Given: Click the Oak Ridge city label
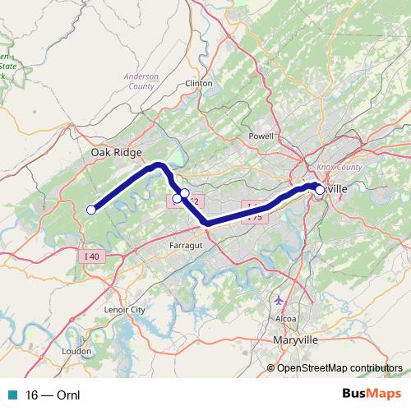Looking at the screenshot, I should (x=117, y=153).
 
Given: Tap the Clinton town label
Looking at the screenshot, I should (x=200, y=84).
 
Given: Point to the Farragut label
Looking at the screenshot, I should (x=185, y=245).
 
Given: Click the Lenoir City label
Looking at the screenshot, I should (x=126, y=310).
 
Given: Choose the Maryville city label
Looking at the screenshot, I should (x=295, y=339).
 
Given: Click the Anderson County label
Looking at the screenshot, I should (x=140, y=81).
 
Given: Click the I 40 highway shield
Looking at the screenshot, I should (x=92, y=257).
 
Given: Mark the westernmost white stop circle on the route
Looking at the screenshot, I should (x=90, y=210).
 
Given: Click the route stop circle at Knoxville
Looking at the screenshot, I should (x=320, y=190).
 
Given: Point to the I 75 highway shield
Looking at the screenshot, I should (x=256, y=217).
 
